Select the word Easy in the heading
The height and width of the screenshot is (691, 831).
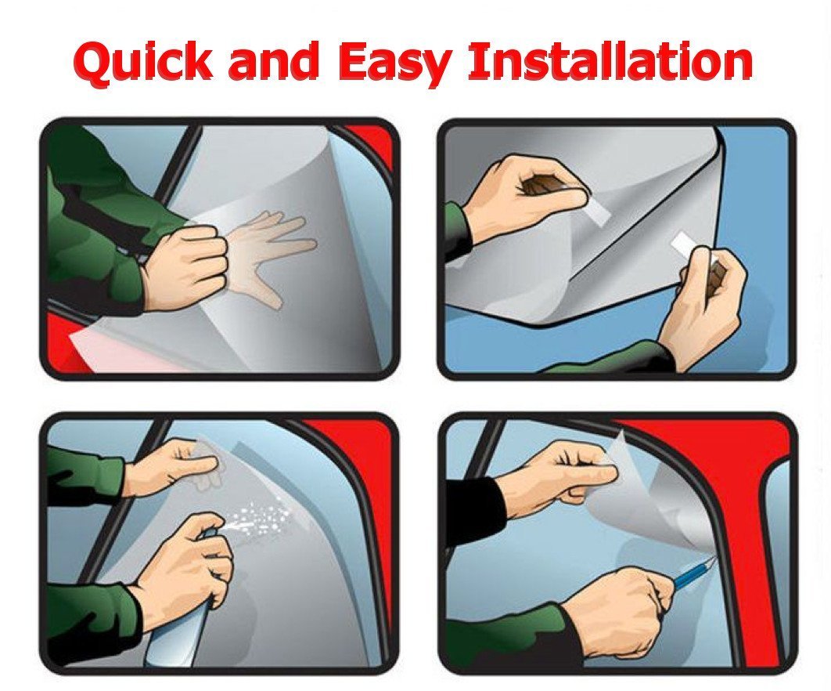pyautogui.click(x=396, y=63)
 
